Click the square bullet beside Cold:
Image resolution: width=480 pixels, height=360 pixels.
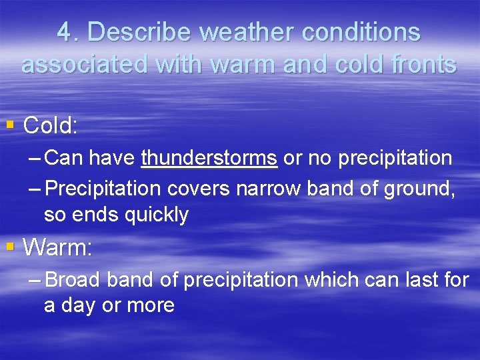pos(10,124)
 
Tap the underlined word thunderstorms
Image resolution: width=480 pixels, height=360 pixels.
pos(209,159)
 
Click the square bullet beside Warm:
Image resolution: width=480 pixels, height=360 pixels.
pos(10,247)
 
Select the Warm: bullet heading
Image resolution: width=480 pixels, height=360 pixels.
pos(57,248)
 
